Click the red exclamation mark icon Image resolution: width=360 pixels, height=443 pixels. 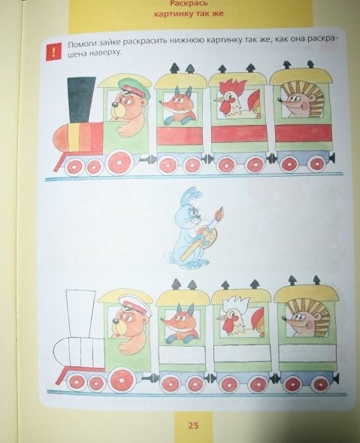coord(53,51)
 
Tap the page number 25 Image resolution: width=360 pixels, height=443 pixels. coord(193,426)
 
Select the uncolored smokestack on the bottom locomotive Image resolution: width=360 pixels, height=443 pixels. coord(81,314)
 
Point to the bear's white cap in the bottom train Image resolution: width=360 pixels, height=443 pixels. coord(135,305)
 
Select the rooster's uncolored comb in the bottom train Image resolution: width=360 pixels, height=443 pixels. coord(235,304)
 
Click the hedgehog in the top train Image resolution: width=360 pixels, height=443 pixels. coord(301,100)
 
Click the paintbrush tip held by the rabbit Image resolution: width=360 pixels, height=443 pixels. coord(219,213)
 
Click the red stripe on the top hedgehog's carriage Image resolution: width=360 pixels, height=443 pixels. coord(303,132)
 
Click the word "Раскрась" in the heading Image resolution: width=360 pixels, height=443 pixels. coord(189,4)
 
